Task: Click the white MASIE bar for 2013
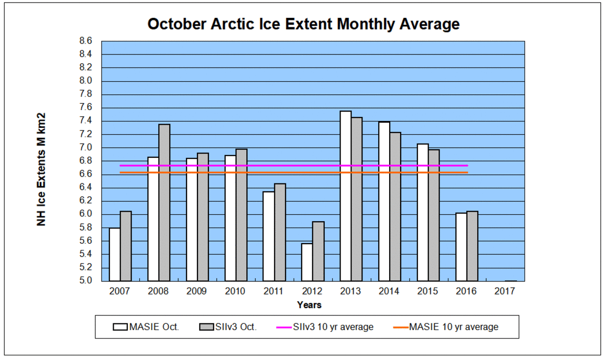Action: click(x=346, y=196)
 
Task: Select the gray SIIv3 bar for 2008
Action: click(x=164, y=202)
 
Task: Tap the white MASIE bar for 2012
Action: click(x=307, y=262)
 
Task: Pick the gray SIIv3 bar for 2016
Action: click(x=472, y=246)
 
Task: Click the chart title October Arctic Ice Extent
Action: click(x=303, y=24)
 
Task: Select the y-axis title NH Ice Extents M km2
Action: click(x=41, y=169)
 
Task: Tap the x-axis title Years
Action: click(x=309, y=304)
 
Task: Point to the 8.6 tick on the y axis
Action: click(x=86, y=41)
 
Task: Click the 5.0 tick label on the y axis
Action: click(x=86, y=281)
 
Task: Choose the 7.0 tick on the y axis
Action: click(x=86, y=148)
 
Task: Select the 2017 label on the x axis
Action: click(x=505, y=291)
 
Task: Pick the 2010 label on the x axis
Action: click(x=235, y=291)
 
